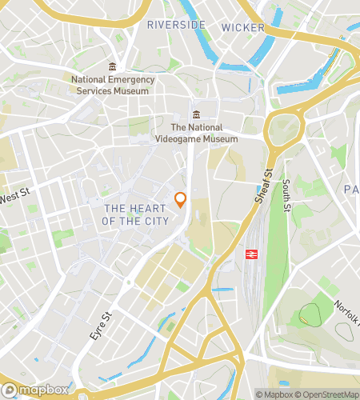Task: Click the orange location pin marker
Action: [181, 200]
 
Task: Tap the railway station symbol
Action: [251, 253]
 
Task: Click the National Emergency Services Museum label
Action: [110, 85]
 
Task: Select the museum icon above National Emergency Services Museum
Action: [111, 66]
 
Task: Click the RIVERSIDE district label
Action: [176, 26]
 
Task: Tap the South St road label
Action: [286, 195]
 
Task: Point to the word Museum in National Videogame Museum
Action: [220, 138]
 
